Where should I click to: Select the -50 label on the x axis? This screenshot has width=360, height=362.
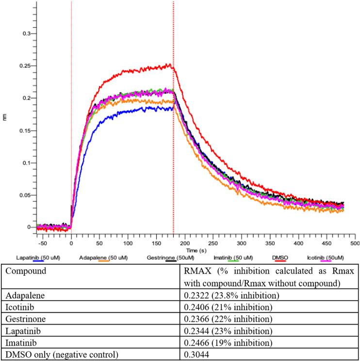click(43, 242)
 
